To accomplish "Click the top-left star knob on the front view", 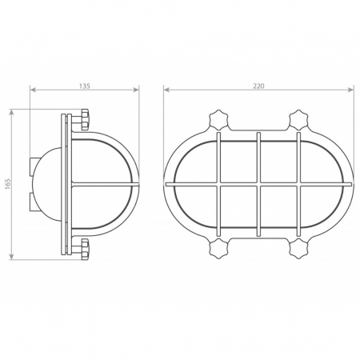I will pos(219,121).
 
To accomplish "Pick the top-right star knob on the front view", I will pos(299,121).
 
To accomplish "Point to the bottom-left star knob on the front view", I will pos(219,247).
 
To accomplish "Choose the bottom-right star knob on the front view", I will pos(299,247).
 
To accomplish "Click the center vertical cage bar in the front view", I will pos(258,184).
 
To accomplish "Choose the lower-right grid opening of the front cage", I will pos(279,210).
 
